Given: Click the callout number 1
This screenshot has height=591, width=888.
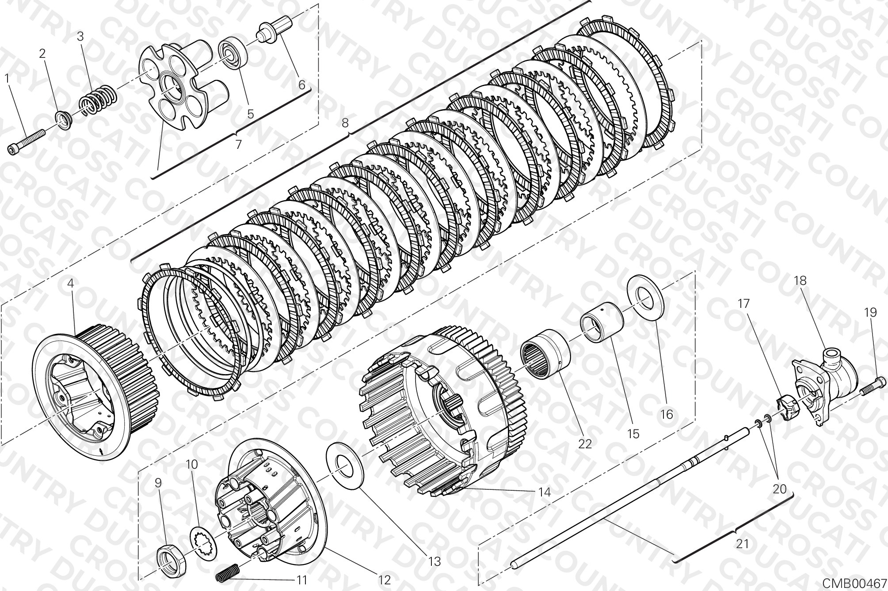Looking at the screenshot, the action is pos(7,78).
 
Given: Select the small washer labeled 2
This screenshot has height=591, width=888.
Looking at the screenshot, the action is pos(64,120).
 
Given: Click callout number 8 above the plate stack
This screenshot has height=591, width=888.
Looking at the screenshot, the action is pos(345,122).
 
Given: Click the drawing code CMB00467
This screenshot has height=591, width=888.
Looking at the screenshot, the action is pos(854,583).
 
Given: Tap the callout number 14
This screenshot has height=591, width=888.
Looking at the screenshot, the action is pos(545,492).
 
